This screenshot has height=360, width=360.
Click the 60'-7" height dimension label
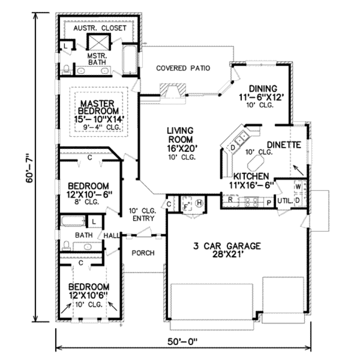[x=31, y=169]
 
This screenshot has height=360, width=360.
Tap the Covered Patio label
[x=183, y=68]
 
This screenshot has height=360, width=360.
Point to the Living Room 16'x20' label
[x=180, y=143]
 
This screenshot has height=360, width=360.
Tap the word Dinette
[x=284, y=144]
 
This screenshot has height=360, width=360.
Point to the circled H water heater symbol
[x=199, y=203]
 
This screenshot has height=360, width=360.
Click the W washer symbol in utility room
[x=298, y=186]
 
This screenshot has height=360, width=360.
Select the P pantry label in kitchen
[x=269, y=202]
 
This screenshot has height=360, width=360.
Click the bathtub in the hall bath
[x=73, y=222]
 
